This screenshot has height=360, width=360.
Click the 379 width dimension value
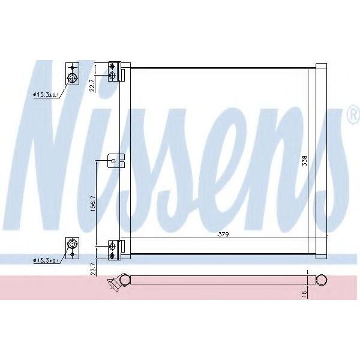(223, 235)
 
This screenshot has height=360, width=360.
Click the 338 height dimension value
(304, 161)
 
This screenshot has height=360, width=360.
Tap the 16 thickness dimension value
(304, 293)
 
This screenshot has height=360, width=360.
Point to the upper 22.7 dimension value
(92, 86)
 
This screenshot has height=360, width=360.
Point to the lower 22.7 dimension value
(93, 269)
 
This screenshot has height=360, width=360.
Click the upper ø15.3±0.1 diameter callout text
(46, 94)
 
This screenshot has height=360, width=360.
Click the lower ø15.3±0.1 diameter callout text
(46, 260)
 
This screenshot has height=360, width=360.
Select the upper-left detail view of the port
(73, 74)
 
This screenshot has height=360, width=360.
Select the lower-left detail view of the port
(73, 248)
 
